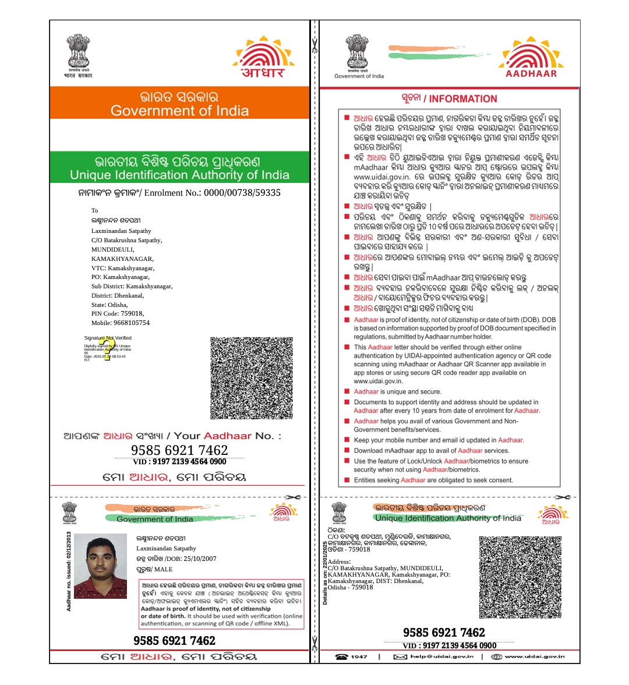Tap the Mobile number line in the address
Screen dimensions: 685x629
(121, 323)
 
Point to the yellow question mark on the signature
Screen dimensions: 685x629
(107, 348)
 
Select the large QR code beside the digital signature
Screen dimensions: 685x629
(252, 377)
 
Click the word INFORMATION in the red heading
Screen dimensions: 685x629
(463, 99)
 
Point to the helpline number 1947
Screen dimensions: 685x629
(359, 656)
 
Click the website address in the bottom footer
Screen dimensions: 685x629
(534, 656)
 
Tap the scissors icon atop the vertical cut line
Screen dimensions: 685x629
(314, 45)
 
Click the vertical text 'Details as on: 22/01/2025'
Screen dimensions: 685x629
(325, 573)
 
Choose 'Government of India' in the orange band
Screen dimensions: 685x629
(179, 111)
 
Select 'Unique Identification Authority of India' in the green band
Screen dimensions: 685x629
(179, 175)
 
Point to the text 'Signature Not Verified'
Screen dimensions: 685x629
(108, 338)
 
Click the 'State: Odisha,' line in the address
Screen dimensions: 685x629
(109, 305)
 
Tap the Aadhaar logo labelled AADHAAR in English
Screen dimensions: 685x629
(531, 58)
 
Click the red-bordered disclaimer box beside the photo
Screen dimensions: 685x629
(222, 604)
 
